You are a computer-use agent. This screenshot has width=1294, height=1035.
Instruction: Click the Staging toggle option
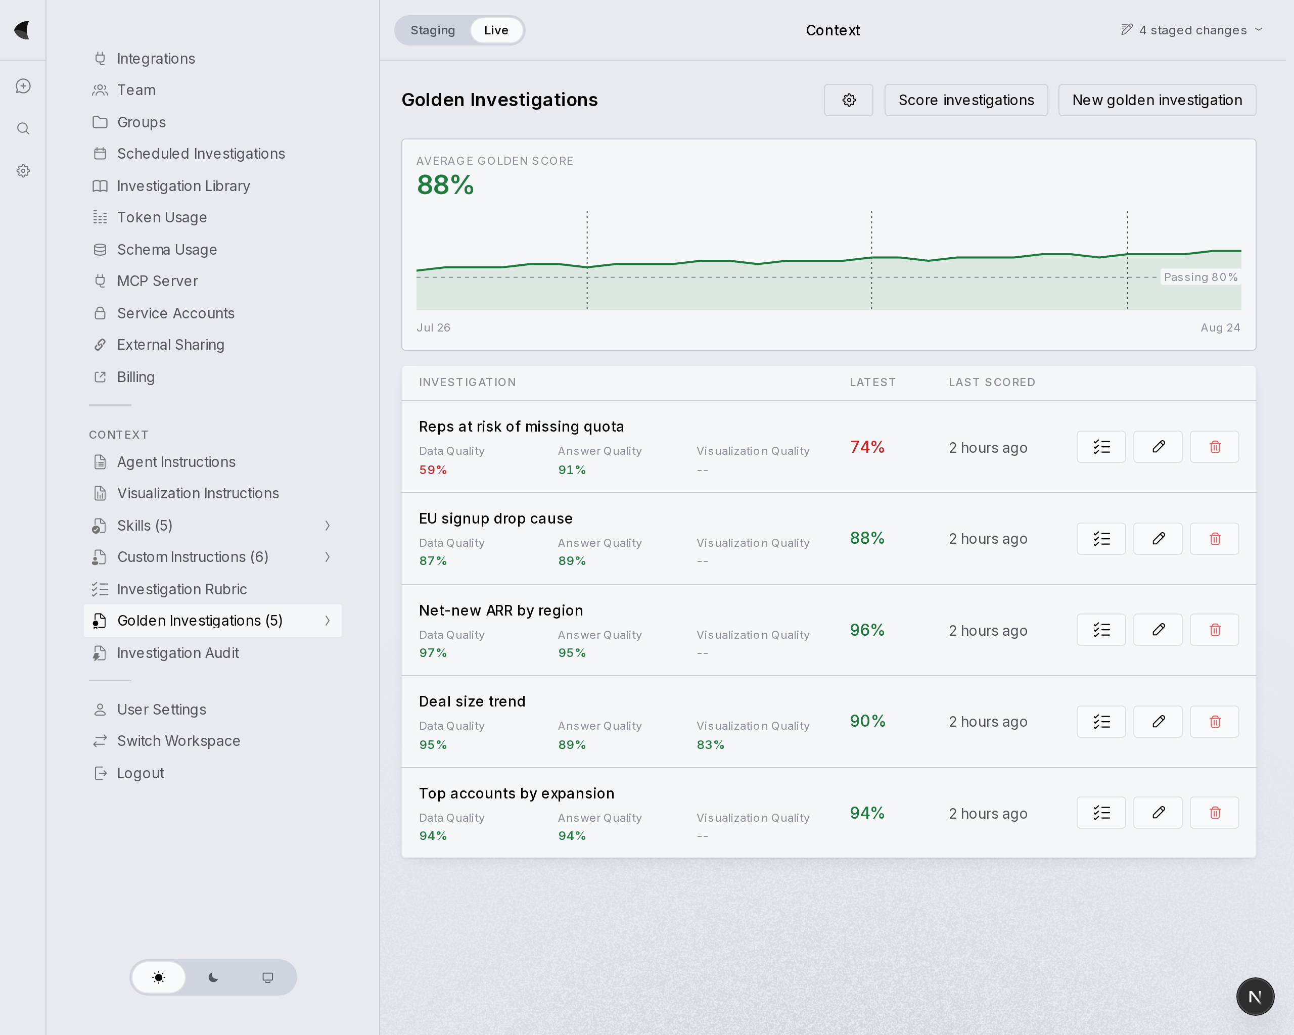pos(432,30)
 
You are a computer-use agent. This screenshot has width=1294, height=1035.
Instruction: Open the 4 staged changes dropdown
pos(1192,30)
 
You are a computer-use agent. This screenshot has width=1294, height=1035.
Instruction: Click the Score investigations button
pos(966,100)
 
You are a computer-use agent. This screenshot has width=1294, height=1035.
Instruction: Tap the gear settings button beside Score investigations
pos(848,100)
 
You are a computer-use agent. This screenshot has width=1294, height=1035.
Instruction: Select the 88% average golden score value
pos(445,185)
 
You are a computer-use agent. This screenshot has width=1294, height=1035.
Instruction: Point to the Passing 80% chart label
pos(1200,277)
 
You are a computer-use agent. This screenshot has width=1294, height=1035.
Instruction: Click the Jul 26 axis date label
pos(433,327)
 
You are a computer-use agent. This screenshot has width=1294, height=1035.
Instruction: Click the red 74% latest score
pos(867,447)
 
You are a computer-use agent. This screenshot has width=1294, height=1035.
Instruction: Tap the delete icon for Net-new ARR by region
pos(1214,630)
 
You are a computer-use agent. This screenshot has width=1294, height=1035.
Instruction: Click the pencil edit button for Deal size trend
pos(1158,721)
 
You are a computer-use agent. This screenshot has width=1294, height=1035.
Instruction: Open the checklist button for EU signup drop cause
pos(1101,539)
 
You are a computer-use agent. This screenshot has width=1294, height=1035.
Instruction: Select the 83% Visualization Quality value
pos(710,744)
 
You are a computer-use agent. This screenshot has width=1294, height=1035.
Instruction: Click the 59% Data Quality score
pos(433,470)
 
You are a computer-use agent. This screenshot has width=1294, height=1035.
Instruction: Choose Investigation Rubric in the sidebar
pos(182,589)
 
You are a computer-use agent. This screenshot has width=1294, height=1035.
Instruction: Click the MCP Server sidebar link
pos(157,281)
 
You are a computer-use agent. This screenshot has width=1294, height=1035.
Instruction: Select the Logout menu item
pos(141,773)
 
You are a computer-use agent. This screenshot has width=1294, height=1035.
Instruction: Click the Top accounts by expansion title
pos(516,793)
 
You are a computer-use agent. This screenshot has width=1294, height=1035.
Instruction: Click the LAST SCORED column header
pos(992,382)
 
